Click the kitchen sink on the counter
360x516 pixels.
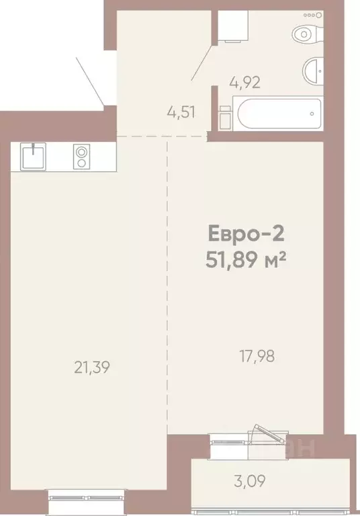point(33,157)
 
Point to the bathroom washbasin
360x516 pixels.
point(314,69)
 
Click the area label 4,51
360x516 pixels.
point(181,112)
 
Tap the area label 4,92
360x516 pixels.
point(244,83)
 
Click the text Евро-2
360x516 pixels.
point(244,235)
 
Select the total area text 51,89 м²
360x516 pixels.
point(246,259)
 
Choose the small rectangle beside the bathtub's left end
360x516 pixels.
point(225,116)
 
